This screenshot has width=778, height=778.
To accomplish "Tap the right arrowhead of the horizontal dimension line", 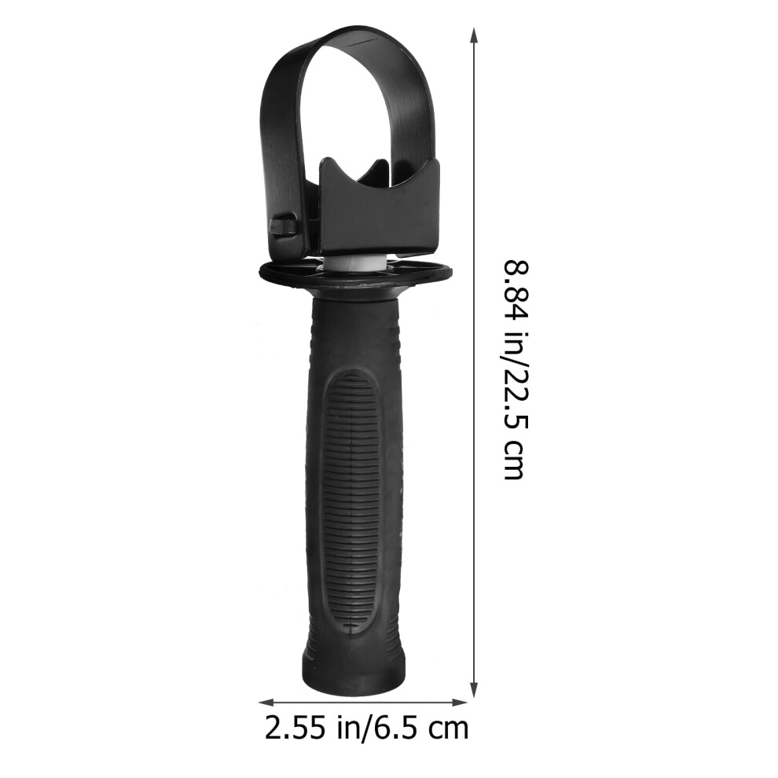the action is [x=460, y=702].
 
